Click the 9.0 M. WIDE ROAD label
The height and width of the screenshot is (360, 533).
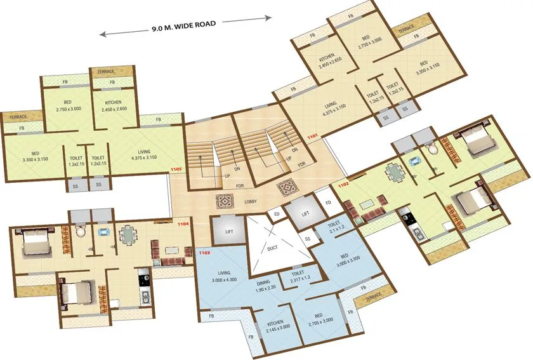(184, 26)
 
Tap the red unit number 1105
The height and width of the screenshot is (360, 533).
(176, 170)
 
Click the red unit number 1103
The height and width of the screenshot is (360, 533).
(204, 253)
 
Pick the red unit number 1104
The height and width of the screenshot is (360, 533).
(183, 223)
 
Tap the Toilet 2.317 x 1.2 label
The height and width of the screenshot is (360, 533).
(298, 274)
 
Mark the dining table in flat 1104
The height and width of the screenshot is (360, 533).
(128, 236)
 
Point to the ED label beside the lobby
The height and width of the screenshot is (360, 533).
(277, 215)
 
